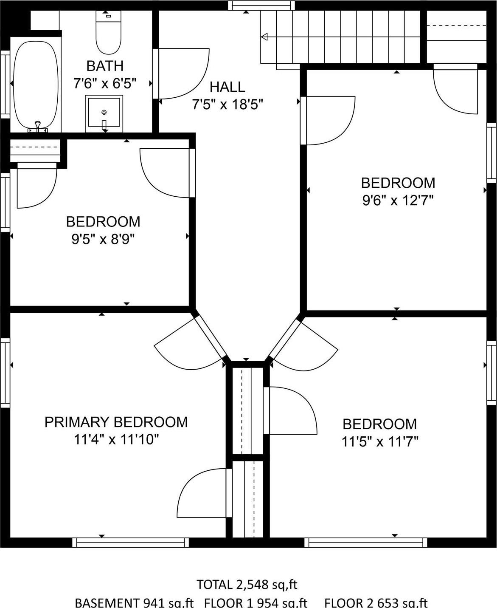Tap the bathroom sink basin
pos(104,113)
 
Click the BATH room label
pos(105,66)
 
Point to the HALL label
pos(227,87)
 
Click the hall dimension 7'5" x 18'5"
pos(227,104)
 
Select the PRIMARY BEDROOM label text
pos(116,422)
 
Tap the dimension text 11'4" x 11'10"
pos(116,439)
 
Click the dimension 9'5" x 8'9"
pos(103,240)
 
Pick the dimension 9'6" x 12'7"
pos(398,200)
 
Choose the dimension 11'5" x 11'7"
pos(380,442)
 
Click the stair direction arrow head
pos(264,37)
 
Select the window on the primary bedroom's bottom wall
pos(130,542)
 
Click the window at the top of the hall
pos(261,5)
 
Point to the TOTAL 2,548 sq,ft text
pos(247,585)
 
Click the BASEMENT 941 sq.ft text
pos(134,602)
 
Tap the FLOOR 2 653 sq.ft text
pos(376,602)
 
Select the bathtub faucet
pos(38,125)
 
